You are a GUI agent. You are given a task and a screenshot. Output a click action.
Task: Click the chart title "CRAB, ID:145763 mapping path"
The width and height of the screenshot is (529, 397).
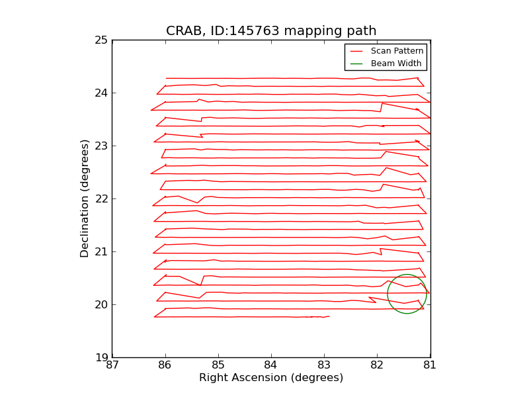[x=271, y=31]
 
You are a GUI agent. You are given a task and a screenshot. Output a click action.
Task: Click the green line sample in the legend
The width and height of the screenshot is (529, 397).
[x=356, y=64]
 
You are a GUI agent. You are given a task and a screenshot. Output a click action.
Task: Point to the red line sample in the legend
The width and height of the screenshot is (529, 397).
[x=356, y=51]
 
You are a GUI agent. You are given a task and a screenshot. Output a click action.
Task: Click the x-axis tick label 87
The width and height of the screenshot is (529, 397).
[x=112, y=366]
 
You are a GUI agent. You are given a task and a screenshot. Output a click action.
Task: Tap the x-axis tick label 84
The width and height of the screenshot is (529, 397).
[x=271, y=366]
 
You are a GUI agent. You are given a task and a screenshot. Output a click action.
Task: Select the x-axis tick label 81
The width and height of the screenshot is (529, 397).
[x=430, y=366]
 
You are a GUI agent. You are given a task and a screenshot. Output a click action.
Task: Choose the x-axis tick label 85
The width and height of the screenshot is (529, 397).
[x=218, y=366]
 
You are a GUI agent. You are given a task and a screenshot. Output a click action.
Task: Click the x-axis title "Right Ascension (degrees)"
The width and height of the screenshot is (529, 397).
[x=271, y=378]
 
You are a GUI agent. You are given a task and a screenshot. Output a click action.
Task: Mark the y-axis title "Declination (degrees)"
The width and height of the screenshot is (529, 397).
[x=85, y=198]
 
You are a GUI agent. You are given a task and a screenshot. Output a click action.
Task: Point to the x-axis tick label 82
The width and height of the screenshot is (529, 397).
[x=377, y=366]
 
